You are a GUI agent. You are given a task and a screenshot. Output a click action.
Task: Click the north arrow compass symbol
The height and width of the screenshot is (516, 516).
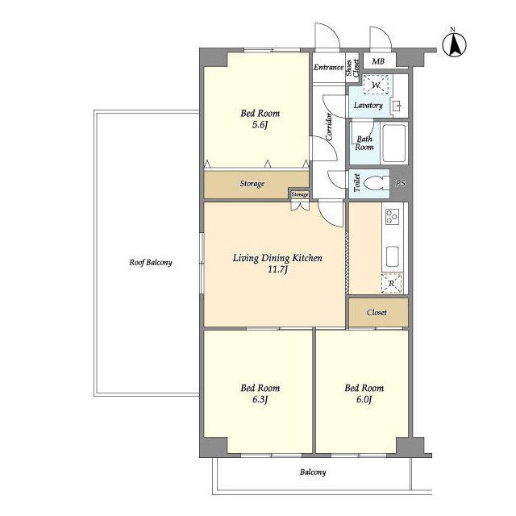click(454, 45)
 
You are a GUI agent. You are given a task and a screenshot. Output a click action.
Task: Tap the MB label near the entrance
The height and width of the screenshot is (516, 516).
click(378, 61)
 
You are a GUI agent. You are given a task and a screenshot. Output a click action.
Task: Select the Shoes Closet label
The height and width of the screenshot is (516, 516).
click(352, 68)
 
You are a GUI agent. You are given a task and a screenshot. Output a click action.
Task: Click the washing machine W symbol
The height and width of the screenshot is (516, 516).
click(376, 85)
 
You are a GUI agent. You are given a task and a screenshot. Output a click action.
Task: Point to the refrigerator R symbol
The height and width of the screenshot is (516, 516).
click(392, 283)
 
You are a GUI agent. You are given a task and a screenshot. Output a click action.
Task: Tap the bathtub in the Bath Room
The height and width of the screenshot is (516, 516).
click(394, 144)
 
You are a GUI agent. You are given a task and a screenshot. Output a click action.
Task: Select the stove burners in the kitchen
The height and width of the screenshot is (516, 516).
click(393, 217)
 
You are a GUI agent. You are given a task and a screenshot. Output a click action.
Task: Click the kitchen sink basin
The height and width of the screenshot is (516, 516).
click(393, 256)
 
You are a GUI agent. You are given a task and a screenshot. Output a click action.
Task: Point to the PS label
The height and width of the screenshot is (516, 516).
click(401, 183)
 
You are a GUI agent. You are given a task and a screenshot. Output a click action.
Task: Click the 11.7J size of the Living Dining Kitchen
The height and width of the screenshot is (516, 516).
click(278, 270)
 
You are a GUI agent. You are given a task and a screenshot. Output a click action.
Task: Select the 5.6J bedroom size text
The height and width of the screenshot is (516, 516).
click(260, 125)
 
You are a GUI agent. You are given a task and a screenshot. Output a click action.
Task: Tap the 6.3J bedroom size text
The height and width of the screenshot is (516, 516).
click(260, 400)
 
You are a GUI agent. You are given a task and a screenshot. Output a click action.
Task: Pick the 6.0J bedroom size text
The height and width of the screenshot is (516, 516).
click(364, 400)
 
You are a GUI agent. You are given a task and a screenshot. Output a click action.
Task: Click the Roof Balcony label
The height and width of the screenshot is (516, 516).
click(151, 263)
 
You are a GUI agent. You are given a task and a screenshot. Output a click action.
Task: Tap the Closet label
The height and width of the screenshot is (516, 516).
click(377, 312)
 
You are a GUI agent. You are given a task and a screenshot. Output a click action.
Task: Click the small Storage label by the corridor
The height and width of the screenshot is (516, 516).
click(300, 195)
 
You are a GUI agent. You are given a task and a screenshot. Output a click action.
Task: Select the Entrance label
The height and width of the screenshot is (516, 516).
click(328, 67)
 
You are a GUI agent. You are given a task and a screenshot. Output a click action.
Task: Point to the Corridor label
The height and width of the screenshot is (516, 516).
click(329, 127)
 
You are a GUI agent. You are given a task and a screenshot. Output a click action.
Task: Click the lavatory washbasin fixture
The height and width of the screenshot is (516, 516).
click(397, 106)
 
